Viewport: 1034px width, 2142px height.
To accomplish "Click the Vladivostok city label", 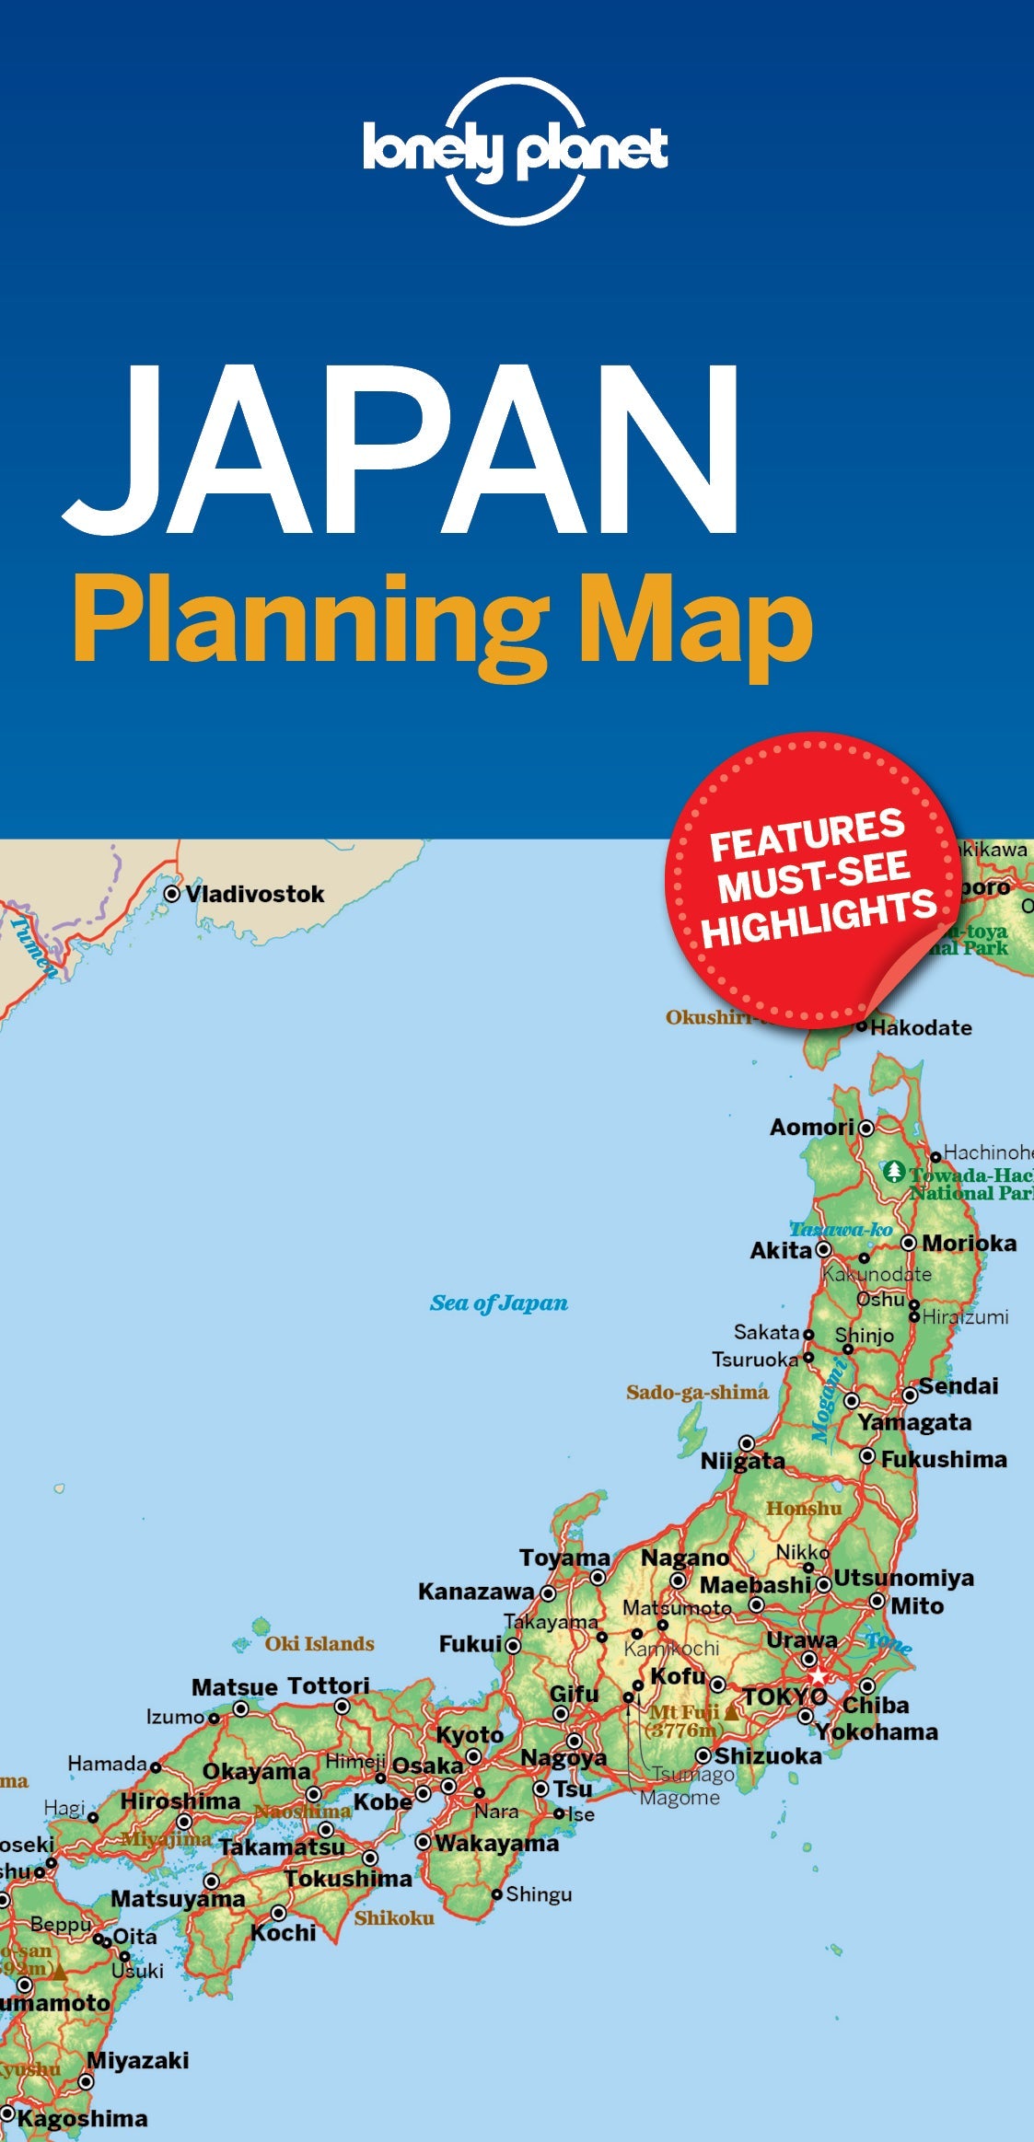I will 255,894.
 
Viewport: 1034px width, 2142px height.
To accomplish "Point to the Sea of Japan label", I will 498,1303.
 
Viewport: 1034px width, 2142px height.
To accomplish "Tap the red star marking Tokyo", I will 819,1676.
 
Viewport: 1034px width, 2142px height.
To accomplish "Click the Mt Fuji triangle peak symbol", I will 731,1713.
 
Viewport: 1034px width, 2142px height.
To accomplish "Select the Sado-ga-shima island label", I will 697,1392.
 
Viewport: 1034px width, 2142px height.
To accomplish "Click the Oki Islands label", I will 319,1643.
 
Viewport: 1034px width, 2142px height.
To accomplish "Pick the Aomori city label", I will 812,1127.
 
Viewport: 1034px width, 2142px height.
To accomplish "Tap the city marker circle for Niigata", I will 747,1442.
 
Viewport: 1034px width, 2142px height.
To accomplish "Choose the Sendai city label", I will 958,1385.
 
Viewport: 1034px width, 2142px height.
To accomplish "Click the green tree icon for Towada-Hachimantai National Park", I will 893,1172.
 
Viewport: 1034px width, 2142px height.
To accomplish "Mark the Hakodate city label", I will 921,1027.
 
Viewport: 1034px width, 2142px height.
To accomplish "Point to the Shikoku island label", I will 394,1917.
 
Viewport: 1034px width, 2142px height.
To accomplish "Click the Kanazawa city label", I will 476,1592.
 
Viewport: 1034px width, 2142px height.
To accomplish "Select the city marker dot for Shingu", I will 497,1893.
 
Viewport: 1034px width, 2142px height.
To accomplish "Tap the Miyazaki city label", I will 138,2060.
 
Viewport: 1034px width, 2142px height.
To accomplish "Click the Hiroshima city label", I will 180,1800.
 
